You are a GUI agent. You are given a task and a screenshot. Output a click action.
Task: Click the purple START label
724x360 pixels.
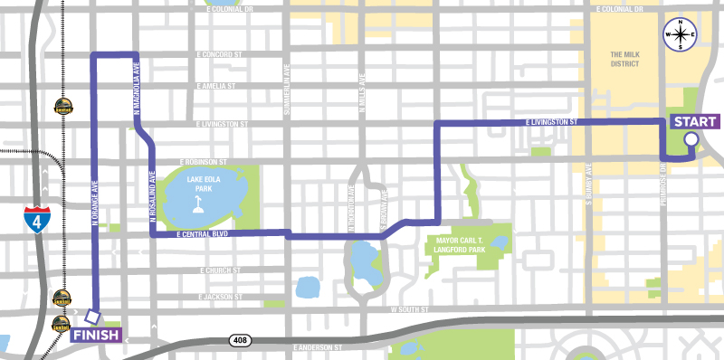(696, 122)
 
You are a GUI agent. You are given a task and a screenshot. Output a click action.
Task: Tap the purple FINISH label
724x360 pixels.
(94, 336)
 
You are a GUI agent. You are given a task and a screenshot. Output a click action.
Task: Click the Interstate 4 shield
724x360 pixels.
(33, 219)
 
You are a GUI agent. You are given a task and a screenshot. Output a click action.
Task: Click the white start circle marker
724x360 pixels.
(691, 139)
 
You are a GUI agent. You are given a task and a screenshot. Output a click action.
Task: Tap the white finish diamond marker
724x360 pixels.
(91, 317)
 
